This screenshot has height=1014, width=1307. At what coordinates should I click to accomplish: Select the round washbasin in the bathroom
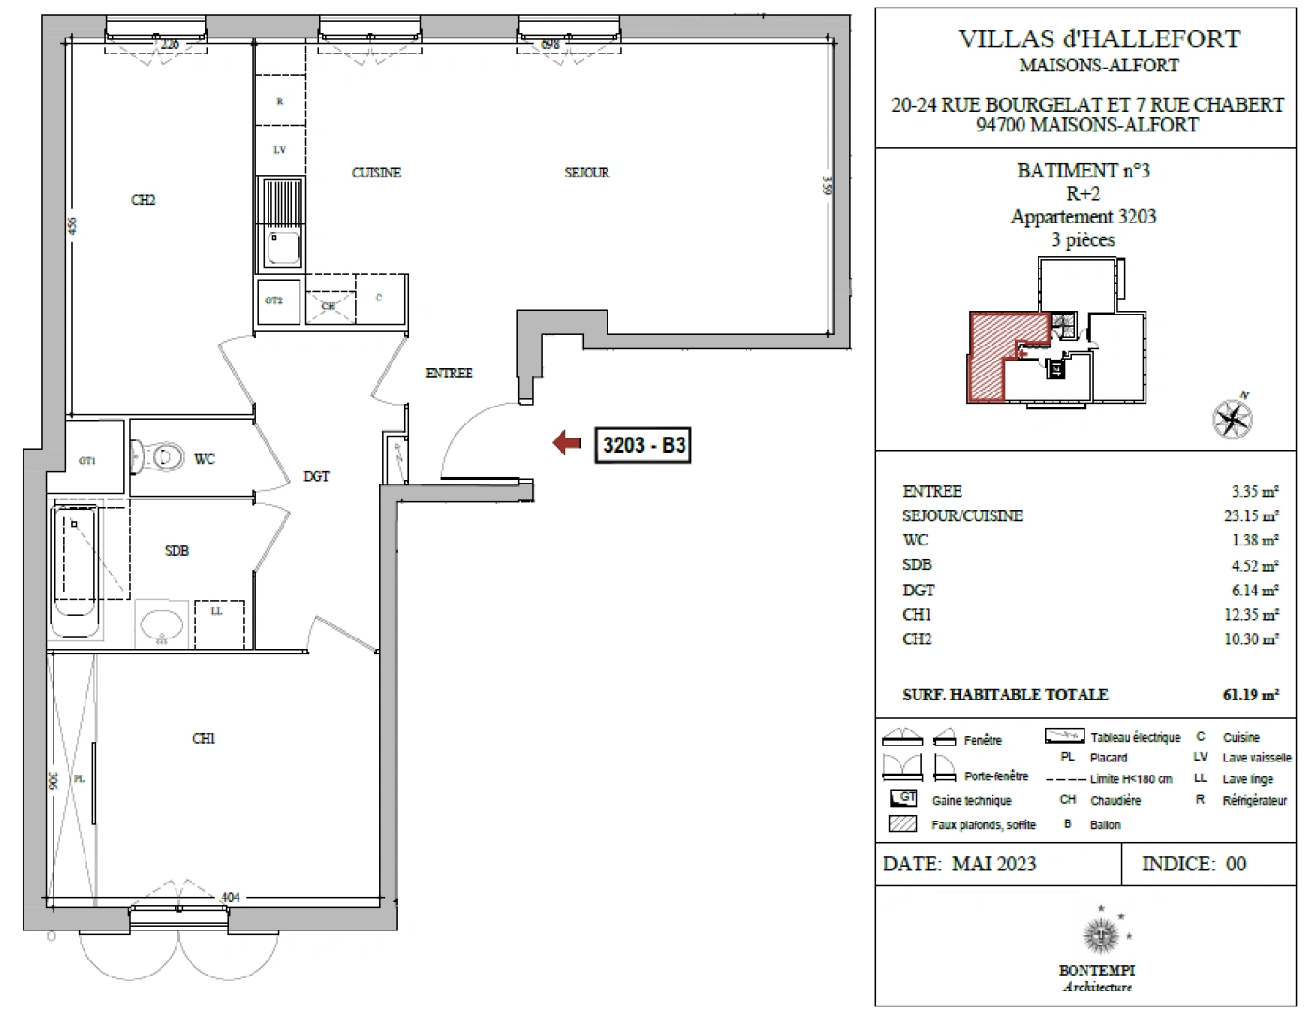click(161, 624)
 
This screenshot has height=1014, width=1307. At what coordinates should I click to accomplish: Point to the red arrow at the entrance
click(567, 443)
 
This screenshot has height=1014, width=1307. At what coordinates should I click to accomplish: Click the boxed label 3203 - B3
click(643, 444)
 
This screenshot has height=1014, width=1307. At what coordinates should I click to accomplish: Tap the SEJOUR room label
click(587, 173)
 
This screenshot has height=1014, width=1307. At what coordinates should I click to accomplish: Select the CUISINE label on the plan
click(376, 173)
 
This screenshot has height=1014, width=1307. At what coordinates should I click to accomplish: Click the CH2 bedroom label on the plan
click(144, 200)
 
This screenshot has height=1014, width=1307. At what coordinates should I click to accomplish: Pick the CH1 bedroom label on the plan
click(204, 739)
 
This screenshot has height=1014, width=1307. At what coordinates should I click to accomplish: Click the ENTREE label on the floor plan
click(449, 374)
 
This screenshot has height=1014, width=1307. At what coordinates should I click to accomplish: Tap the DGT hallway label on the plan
click(316, 477)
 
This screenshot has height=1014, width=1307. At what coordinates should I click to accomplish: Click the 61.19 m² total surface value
click(1250, 696)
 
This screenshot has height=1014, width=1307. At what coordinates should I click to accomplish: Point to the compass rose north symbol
click(1232, 418)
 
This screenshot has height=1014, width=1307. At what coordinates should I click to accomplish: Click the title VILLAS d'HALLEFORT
click(1099, 39)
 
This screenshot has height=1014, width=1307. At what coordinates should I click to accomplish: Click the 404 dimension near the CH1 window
click(230, 898)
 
